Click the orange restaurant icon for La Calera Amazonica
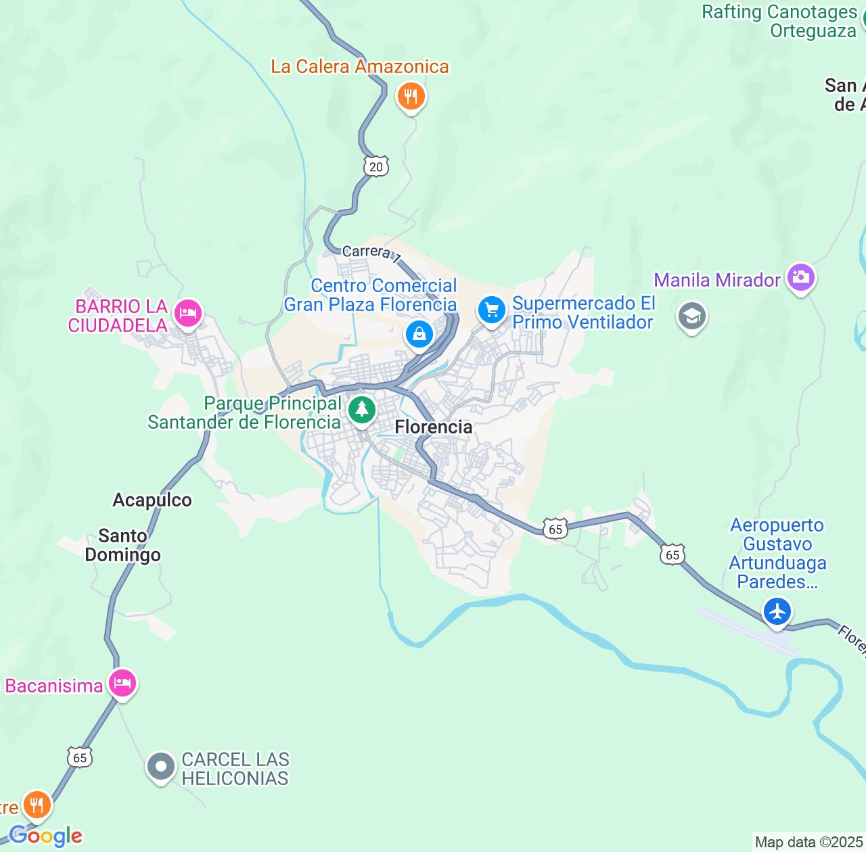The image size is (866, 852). [x=411, y=97]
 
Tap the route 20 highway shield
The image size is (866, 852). [x=376, y=166]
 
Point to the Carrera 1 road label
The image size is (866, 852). [x=371, y=253]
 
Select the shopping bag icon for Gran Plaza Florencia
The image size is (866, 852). [x=419, y=334]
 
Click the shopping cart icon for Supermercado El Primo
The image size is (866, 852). [x=492, y=311]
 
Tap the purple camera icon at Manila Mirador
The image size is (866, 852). [x=800, y=278]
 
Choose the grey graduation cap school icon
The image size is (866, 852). [x=691, y=316]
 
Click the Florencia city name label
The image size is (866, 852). [x=433, y=427]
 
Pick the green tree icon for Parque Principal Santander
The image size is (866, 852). [x=362, y=409]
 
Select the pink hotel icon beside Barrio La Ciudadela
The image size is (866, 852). [x=188, y=313]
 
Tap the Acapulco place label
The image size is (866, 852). [x=152, y=500]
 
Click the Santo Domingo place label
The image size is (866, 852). [x=122, y=546]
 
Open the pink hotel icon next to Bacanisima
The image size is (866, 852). [x=122, y=683]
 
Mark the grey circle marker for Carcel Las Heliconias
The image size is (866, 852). [x=161, y=767]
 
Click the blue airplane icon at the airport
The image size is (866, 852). [x=777, y=612]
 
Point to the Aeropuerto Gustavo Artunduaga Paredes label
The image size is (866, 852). [x=777, y=553]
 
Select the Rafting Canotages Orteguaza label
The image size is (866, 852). [x=779, y=21]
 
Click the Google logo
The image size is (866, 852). [x=45, y=836]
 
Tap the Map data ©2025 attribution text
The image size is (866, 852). [x=808, y=843]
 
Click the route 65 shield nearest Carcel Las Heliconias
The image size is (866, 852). [x=80, y=757]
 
